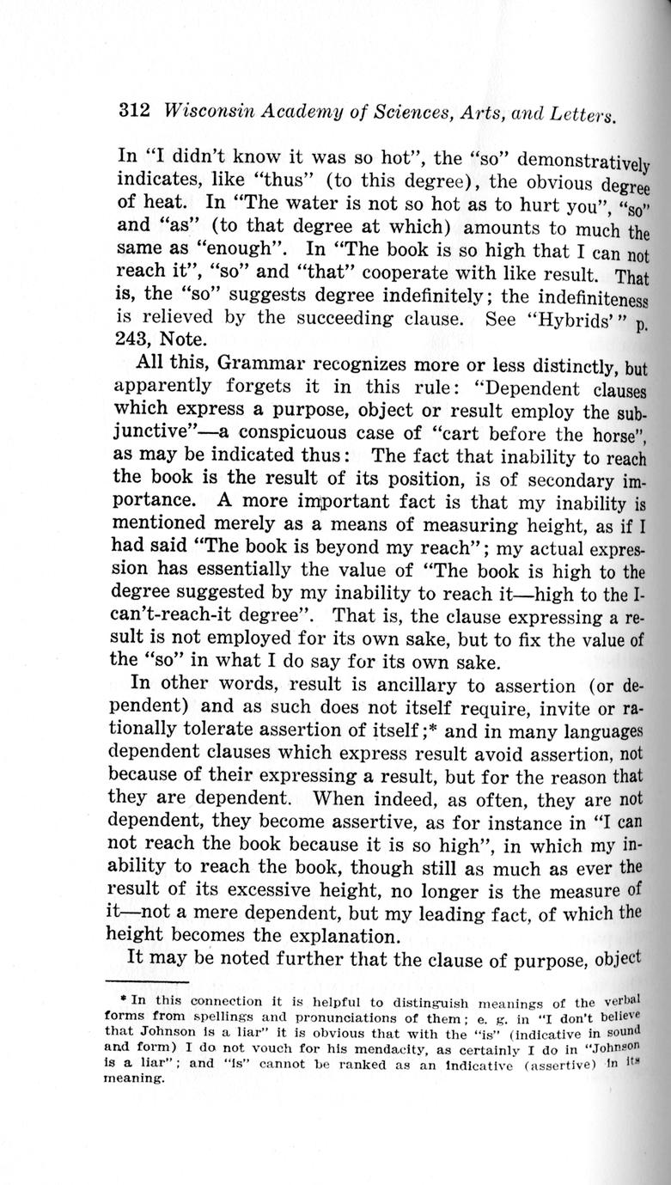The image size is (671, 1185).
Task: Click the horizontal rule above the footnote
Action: (146, 982)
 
